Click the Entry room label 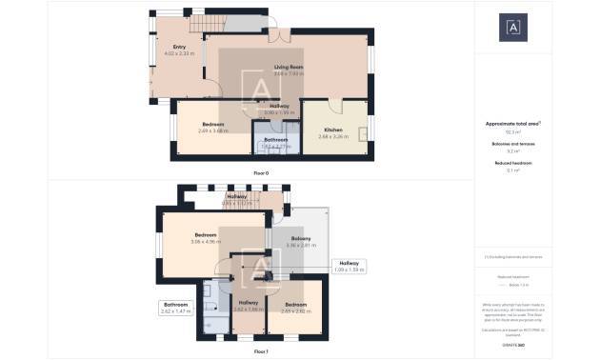[179, 47]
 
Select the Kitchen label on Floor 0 [332, 130]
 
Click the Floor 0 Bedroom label [213, 125]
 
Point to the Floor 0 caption [261, 172]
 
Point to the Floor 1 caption [261, 351]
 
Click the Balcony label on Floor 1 [300, 238]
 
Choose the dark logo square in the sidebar [512, 28]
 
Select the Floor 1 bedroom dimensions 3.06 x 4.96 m [206, 242]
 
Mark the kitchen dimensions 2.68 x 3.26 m [333, 136]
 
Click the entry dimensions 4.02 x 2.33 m [179, 53]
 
